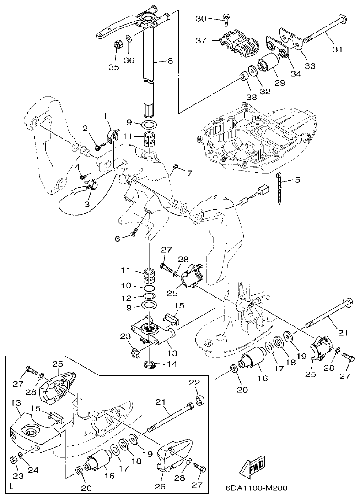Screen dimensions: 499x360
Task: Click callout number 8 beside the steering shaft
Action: click(171, 60)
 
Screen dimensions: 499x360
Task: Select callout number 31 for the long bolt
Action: click(337, 49)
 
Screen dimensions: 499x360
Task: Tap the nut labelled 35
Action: click(116, 46)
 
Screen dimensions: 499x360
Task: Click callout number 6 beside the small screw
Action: click(118, 238)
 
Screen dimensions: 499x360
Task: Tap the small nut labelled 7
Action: click(175, 166)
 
